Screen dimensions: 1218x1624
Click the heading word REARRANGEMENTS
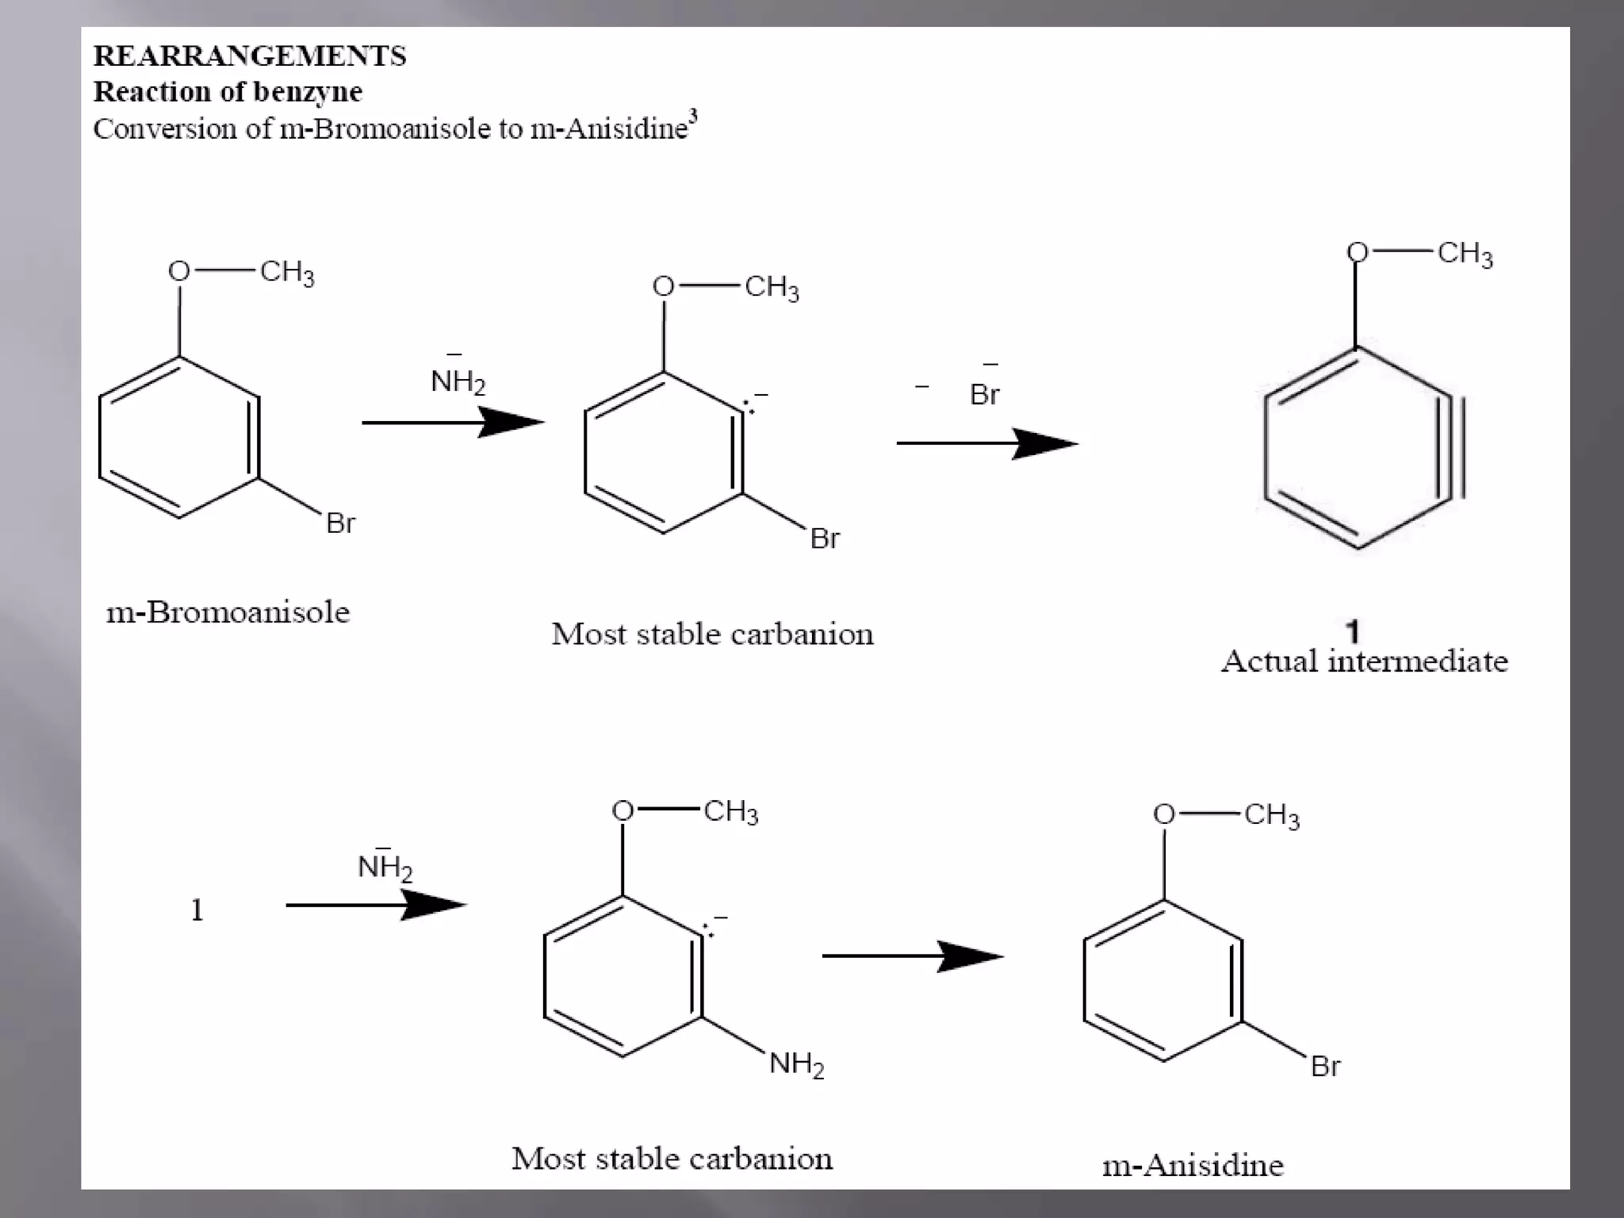point(250,56)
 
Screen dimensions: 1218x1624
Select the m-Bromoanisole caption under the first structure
point(228,612)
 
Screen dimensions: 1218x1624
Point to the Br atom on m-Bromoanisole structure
point(340,523)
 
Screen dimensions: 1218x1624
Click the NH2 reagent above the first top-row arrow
point(458,381)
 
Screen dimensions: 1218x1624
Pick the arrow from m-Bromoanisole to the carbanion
point(452,422)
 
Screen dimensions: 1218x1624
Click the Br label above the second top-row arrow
point(984,393)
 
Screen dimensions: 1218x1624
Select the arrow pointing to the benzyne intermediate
point(986,443)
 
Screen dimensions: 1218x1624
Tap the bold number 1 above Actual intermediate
point(1353,631)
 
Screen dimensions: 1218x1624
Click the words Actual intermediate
point(1364,661)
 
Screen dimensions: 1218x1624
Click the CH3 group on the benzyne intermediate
point(1465,254)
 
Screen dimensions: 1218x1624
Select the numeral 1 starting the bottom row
point(197,910)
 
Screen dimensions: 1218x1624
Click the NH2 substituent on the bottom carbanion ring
point(796,1063)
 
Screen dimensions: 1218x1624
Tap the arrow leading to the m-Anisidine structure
point(912,956)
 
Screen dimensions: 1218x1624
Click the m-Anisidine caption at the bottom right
point(1193,1165)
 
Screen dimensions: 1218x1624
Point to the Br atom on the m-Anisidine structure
point(1325,1067)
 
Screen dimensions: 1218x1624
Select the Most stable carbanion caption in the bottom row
point(672,1159)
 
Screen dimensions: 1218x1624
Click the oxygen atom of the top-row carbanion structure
point(663,286)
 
